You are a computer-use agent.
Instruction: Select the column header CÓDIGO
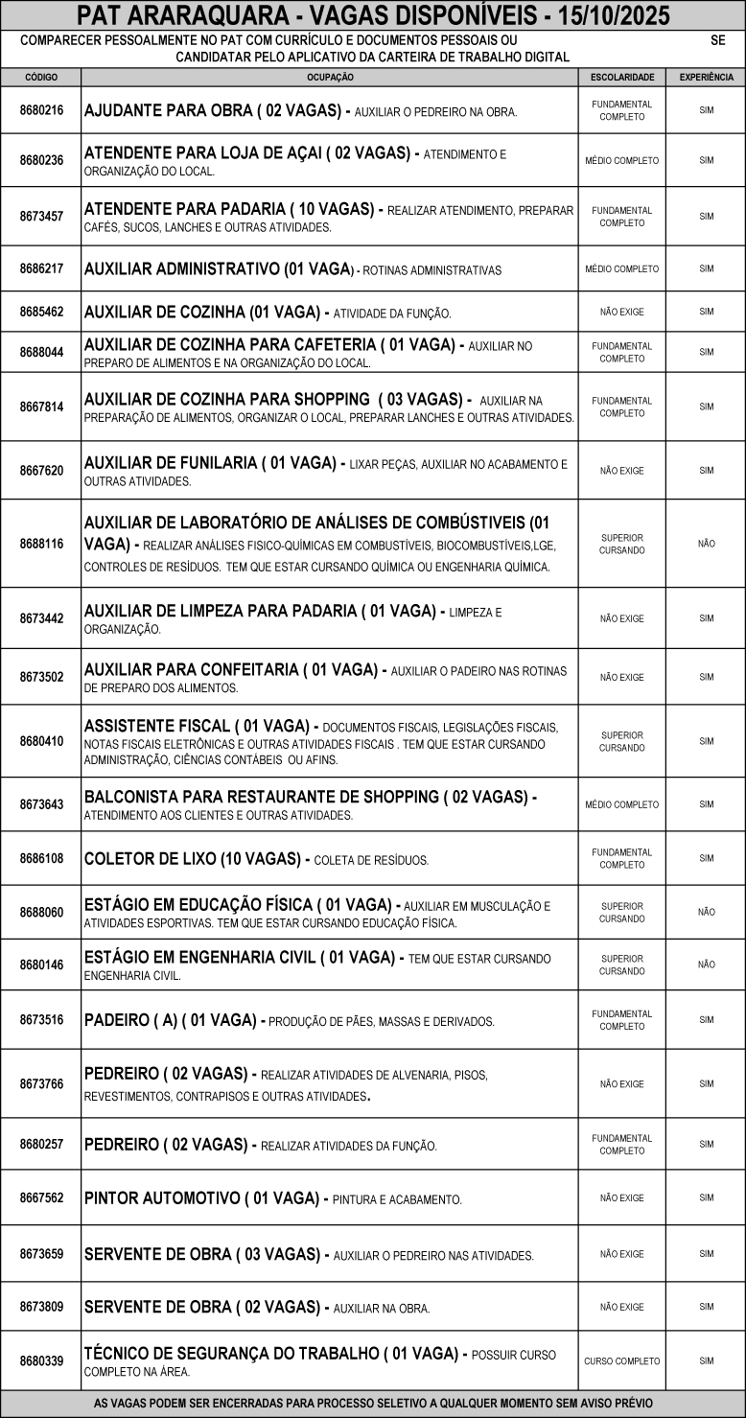pyautogui.click(x=41, y=77)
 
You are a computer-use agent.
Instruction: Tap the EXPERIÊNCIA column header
pyautogui.click(x=706, y=77)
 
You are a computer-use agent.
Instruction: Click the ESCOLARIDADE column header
pyautogui.click(x=622, y=77)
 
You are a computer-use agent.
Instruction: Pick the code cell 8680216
pyautogui.click(x=41, y=110)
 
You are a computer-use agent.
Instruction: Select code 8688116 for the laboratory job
pyautogui.click(x=41, y=544)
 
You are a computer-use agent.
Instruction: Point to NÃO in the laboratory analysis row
pyautogui.click(x=706, y=544)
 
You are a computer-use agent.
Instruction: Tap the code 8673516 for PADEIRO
pyautogui.click(x=41, y=1020)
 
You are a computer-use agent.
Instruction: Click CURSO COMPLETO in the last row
pyautogui.click(x=622, y=1361)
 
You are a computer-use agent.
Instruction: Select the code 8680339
pyautogui.click(x=41, y=1361)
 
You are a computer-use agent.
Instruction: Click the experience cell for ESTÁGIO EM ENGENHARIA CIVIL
pyautogui.click(x=706, y=965)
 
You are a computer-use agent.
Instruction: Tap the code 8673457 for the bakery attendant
pyautogui.click(x=41, y=217)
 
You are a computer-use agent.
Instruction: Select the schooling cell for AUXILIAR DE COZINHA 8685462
pyautogui.click(x=622, y=313)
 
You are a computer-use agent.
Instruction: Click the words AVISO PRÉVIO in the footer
pyautogui.click(x=616, y=1404)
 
